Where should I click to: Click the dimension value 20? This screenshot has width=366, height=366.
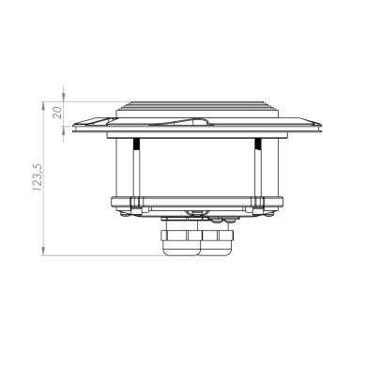coord(57,113)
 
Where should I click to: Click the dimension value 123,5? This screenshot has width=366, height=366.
coord(38,177)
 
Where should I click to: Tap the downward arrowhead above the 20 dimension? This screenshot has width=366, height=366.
coord(64,97)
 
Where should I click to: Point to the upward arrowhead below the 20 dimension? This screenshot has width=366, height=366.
coord(64,131)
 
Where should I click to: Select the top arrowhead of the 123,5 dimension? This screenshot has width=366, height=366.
coord(43,106)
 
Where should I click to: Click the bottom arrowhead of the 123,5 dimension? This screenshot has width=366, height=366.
coord(43,251)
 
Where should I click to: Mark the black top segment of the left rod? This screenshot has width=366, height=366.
coord(136,144)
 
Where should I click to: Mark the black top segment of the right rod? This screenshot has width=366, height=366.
coord(258,144)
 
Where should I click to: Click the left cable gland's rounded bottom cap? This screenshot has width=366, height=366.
coord(181,248)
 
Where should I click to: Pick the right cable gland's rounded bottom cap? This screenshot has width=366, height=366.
coord(216,248)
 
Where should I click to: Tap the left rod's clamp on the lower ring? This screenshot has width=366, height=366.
coord(136,203)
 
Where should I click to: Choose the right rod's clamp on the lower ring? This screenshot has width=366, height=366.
coord(258,203)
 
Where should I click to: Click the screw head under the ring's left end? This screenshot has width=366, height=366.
coord(125,214)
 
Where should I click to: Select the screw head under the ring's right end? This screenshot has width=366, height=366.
coord(269,214)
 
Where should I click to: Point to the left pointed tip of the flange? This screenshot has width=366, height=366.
coord(73,125)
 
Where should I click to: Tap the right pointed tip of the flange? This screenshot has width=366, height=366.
coord(320,125)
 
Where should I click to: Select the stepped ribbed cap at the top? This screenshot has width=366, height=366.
coord(197,110)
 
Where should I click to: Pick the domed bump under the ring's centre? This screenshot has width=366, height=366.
coord(196,213)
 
